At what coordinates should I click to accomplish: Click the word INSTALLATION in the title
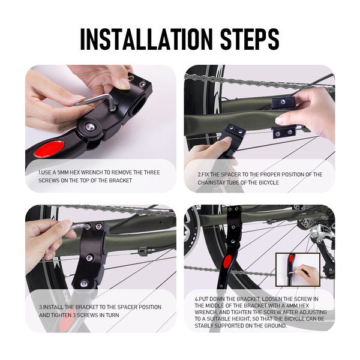click(x=146, y=39)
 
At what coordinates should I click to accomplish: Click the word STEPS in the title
click(x=250, y=39)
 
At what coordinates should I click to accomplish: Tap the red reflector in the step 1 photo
click(x=50, y=148)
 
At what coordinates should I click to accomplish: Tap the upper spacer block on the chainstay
click(x=283, y=103)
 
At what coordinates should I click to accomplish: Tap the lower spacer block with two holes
click(x=284, y=132)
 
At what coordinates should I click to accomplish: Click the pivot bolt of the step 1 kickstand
click(x=90, y=127)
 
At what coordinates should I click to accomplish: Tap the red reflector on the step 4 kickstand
click(x=227, y=262)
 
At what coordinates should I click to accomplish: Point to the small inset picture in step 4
click(x=298, y=269)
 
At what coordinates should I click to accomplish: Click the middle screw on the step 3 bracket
click(x=89, y=258)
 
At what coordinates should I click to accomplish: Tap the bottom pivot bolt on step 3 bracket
click(x=84, y=284)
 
